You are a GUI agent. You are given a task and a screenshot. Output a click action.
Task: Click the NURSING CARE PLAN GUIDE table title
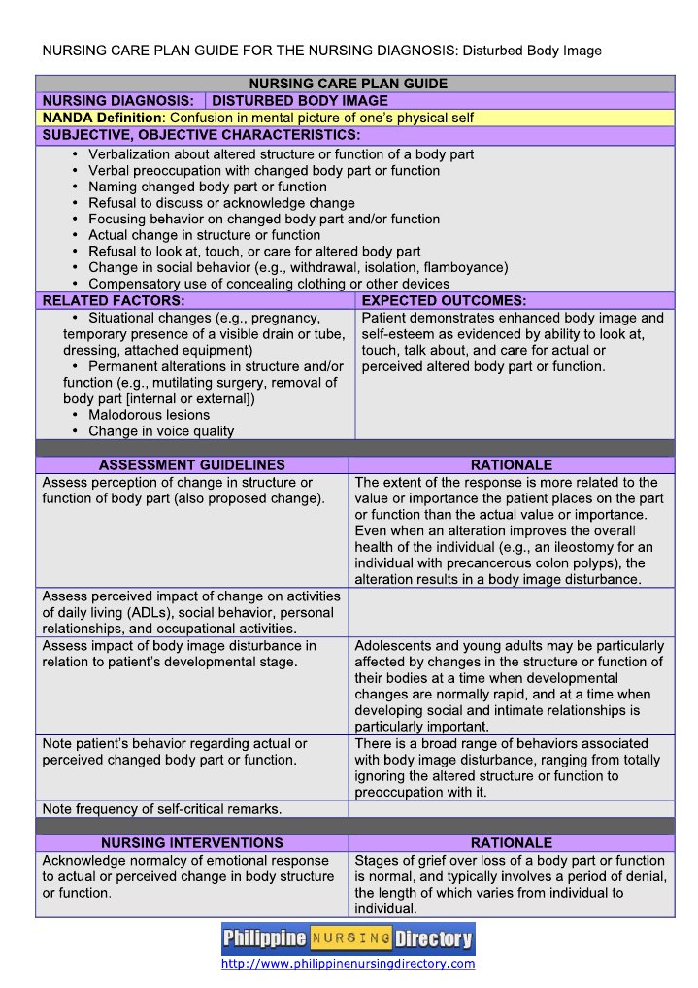pos(349,84)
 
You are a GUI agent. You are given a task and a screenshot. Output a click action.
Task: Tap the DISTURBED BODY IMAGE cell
pos(300,100)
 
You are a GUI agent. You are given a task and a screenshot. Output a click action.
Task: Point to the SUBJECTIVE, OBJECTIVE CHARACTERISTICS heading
pos(201,134)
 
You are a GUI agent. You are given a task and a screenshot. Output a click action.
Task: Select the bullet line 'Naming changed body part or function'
pos(207,187)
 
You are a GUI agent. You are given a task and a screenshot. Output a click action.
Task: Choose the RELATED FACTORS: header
pos(114,301)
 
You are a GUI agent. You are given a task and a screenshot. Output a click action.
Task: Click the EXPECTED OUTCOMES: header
pos(444,301)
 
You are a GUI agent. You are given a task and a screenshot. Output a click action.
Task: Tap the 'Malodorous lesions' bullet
pos(149,415)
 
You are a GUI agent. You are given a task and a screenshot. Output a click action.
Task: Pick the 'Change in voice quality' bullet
pos(161,431)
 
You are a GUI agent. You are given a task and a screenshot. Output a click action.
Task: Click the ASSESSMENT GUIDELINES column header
pos(192,465)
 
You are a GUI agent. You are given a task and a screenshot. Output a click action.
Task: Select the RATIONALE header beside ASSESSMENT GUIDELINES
pos(511,465)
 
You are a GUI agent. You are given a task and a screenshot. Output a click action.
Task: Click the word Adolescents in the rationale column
pos(393,645)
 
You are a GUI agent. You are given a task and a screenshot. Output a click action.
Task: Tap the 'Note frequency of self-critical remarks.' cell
pos(162,808)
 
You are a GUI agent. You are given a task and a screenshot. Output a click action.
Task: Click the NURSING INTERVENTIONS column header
pos(192,842)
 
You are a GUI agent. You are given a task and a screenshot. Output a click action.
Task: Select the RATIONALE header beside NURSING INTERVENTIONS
pos(511,842)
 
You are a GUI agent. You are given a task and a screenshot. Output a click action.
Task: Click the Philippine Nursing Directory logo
pos(348,938)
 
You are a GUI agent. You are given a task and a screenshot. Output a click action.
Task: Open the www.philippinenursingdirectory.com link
pos(348,964)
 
